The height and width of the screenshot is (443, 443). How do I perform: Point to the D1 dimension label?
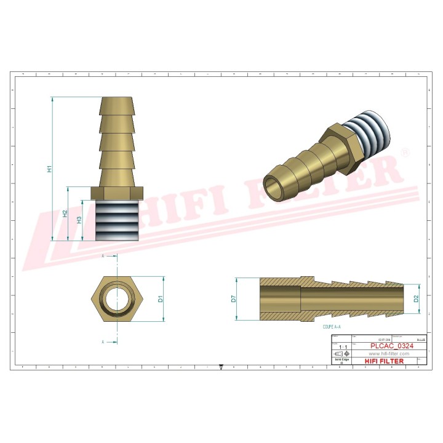coord(161,299)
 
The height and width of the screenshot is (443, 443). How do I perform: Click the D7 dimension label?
coord(234,299)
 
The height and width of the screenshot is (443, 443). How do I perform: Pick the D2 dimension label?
coord(416,299)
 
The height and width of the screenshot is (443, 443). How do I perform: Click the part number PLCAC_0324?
coord(391,346)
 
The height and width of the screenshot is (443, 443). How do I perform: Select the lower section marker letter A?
coord(103,340)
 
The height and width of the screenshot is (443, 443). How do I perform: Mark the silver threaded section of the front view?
coord(117,219)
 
